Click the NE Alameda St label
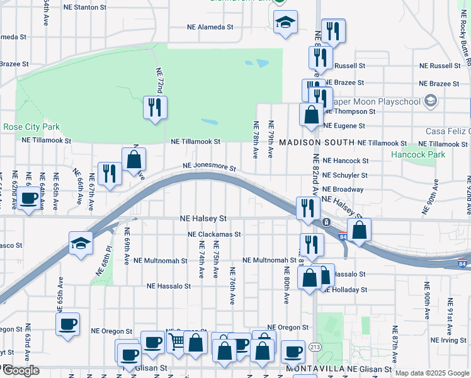coord(210,27)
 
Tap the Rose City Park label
coord(31,127)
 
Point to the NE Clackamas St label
coord(214,234)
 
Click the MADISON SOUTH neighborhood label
coord(317,143)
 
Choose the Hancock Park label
coord(417,154)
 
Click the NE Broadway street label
coord(343,189)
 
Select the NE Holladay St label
coord(345,290)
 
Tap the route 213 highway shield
coord(315,347)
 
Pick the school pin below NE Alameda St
coord(286,23)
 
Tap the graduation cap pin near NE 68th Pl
coord(81,243)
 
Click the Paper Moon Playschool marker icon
coord(431,100)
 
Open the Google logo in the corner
coord(21,370)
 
